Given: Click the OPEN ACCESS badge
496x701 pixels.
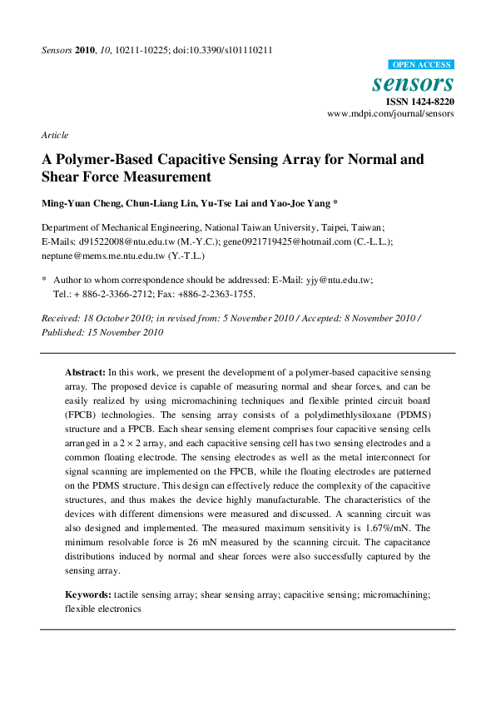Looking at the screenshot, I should (421, 64).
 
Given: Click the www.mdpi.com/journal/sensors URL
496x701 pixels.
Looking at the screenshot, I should (390, 113).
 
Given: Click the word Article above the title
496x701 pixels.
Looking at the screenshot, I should (54, 135).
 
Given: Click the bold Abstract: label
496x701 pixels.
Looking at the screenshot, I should (85, 372).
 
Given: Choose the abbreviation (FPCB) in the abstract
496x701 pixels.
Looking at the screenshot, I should (84, 413).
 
